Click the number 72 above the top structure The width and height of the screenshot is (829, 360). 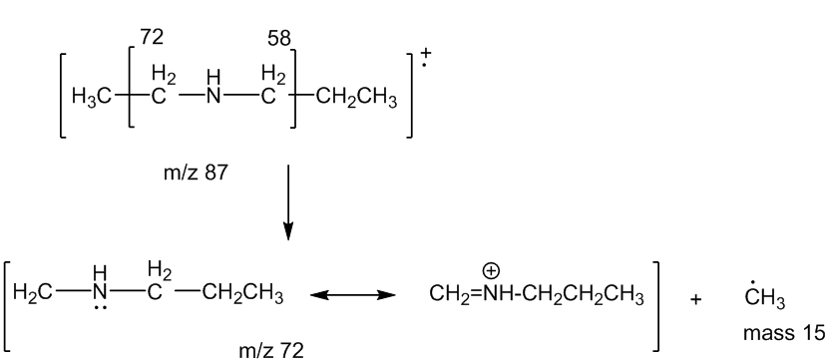tap(152, 38)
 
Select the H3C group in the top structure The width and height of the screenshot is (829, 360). tap(92, 99)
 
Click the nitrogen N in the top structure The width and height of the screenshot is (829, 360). tap(213, 98)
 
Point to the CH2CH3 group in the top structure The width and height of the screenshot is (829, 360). tap(357, 99)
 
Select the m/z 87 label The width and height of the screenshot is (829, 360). tap(196, 173)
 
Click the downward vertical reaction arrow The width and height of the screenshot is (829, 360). tap(288, 202)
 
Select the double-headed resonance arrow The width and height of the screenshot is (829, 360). tap(352, 295)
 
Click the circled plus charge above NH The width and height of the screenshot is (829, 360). tap(491, 271)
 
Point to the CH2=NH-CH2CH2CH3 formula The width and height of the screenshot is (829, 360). tap(537, 295)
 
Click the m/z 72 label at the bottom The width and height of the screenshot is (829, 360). tap(271, 350)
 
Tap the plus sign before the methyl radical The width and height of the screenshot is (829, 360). tap(695, 300)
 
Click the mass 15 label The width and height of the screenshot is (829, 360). tap(784, 333)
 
